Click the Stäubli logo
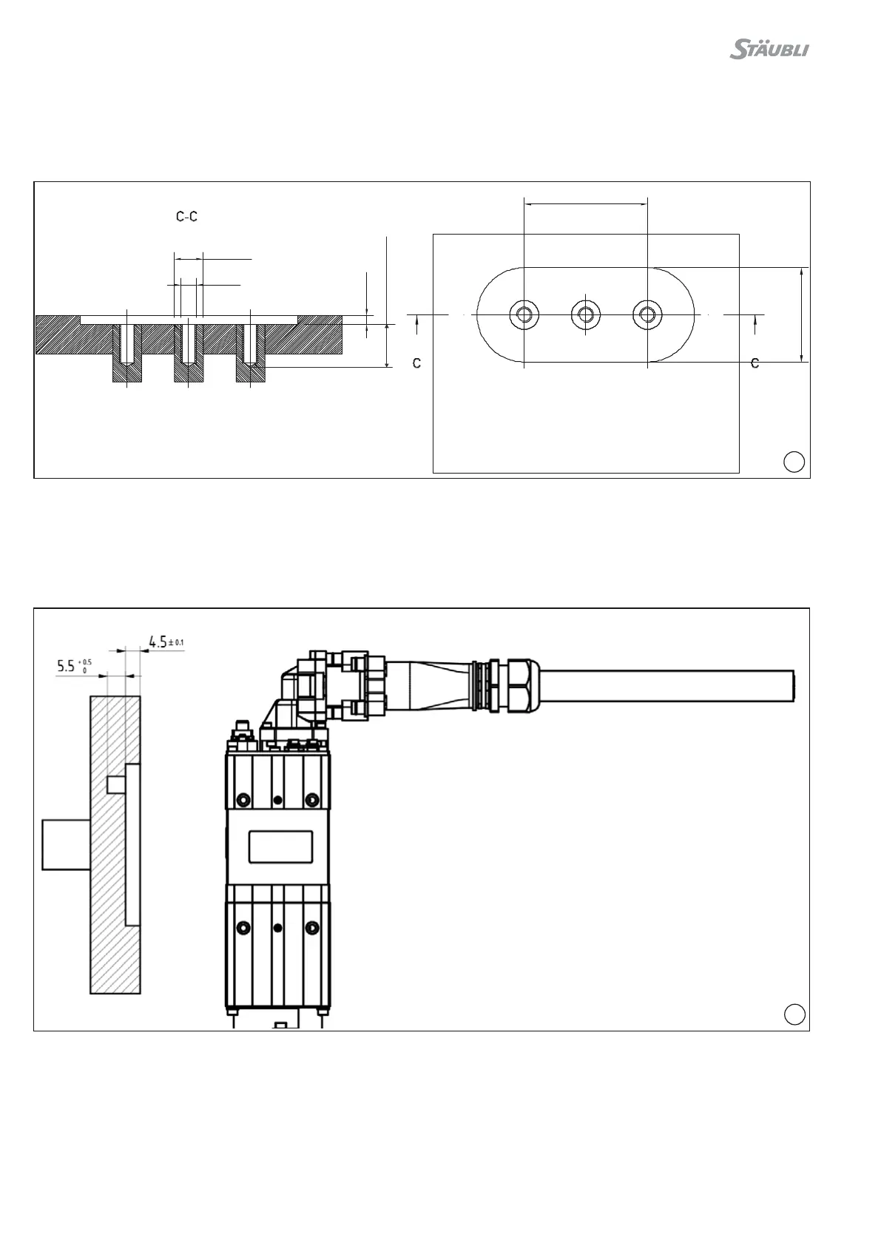click(x=769, y=50)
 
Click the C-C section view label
click(x=186, y=217)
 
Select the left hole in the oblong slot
click(x=524, y=314)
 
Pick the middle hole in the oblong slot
click(x=585, y=314)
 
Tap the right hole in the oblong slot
click(x=647, y=314)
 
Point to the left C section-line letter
click(x=417, y=363)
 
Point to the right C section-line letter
click(x=755, y=363)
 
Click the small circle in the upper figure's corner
click(x=794, y=461)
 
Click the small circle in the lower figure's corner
click(x=794, y=1014)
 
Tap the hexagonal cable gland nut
click(x=514, y=685)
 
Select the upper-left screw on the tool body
click(x=243, y=800)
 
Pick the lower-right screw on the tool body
click(x=312, y=927)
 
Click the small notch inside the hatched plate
click(x=116, y=784)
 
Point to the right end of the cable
click(x=793, y=685)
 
